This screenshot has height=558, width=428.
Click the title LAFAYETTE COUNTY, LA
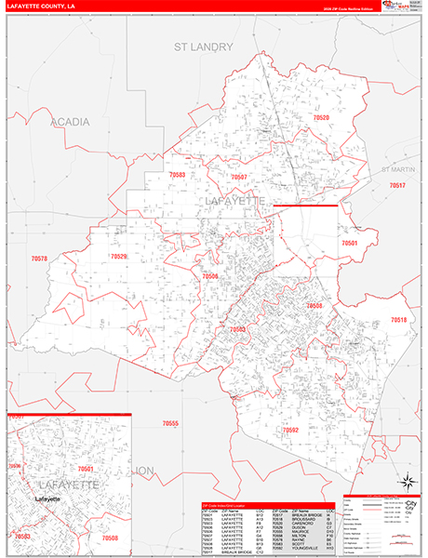[x=42, y=7]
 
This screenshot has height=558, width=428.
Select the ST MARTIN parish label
[x=401, y=169]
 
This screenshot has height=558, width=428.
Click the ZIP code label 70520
[x=321, y=118]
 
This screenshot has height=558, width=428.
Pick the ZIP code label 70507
[x=239, y=177]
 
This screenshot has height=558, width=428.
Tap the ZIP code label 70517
[x=397, y=186]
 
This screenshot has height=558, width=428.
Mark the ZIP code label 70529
[x=118, y=256]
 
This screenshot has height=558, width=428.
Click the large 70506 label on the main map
[x=210, y=276]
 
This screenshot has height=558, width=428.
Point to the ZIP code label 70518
[x=398, y=319]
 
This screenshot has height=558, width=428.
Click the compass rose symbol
[x=406, y=482]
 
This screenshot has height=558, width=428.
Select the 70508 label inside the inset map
[x=110, y=538]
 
